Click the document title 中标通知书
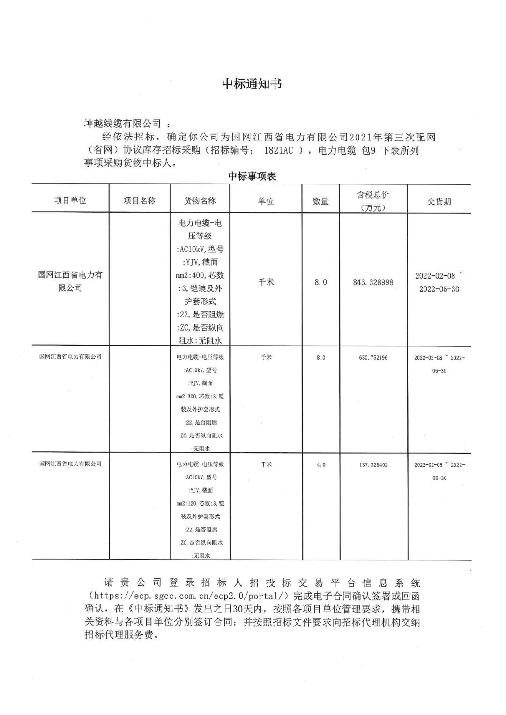click(252, 84)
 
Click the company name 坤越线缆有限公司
click(122, 124)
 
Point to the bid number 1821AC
click(279, 151)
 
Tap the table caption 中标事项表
click(252, 176)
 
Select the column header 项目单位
click(70, 200)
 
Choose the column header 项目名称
click(139, 200)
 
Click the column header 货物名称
click(200, 200)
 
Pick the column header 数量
click(320, 201)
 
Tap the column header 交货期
click(439, 201)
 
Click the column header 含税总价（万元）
click(373, 201)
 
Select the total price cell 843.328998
click(373, 282)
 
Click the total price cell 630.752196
click(373, 358)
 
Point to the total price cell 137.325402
click(373, 465)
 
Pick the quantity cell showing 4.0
click(320, 465)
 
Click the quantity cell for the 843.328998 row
click(320, 282)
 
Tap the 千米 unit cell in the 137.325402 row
click(266, 464)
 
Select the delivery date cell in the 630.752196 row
click(439, 364)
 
